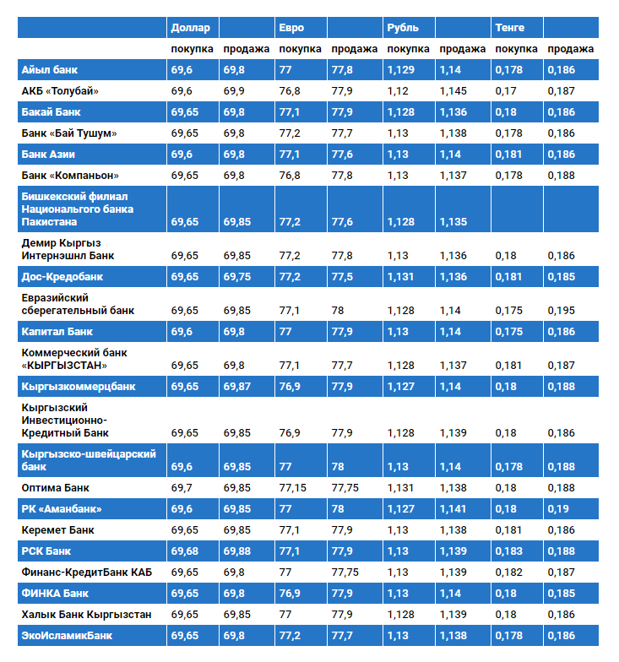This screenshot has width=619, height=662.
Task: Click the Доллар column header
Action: tap(191, 28)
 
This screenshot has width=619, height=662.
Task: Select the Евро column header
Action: tap(291, 28)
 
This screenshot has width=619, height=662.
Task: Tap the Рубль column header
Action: tap(403, 28)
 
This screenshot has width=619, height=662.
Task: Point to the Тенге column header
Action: tap(510, 28)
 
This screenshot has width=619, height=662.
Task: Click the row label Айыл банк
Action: tap(49, 70)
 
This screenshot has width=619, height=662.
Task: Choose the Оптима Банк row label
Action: tap(56, 488)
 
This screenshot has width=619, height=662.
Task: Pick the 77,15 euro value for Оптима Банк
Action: tap(292, 488)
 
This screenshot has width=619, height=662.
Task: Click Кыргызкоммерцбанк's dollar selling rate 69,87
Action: tap(236, 387)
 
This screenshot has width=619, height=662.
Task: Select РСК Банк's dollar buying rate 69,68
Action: tap(184, 551)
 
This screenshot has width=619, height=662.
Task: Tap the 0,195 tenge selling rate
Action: tap(561, 311)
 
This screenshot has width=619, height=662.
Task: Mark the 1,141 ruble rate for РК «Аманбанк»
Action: tap(453, 509)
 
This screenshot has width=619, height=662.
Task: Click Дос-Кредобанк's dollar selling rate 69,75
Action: tap(236, 277)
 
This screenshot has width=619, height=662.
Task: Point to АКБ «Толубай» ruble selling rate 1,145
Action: tap(453, 91)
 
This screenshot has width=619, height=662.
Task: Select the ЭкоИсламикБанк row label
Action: tap(67, 636)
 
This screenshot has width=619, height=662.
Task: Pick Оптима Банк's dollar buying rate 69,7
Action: tap(182, 488)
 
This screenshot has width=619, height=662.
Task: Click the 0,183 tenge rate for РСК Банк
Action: tap(508, 551)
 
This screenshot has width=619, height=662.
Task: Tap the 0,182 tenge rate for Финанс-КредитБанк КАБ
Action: tap(508, 572)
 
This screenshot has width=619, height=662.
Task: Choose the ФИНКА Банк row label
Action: tap(55, 594)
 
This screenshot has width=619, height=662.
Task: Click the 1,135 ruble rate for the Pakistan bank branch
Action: tap(453, 222)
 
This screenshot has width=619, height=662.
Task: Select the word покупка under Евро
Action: tap(301, 49)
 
